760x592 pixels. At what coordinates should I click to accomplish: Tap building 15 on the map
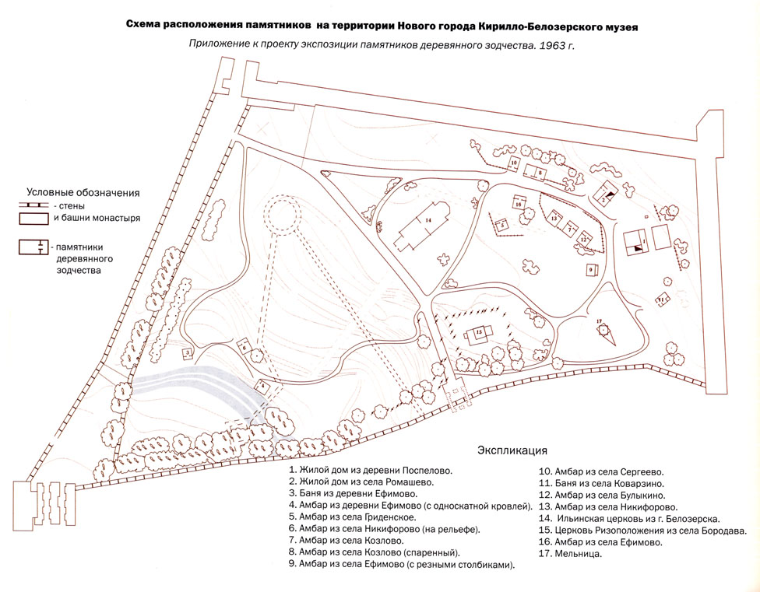click(479, 335)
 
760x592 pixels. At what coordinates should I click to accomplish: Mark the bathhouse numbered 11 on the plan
click(662, 300)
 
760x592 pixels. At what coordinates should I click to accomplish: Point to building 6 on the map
click(244, 348)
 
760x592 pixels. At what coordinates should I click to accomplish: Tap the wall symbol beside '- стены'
click(33, 206)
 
